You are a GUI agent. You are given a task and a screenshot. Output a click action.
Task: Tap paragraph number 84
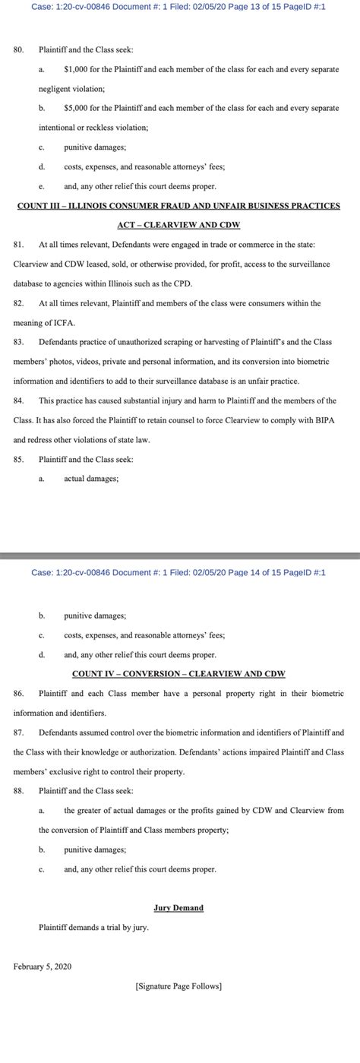pos(19,400)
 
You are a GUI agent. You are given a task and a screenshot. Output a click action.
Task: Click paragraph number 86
pos(19,693)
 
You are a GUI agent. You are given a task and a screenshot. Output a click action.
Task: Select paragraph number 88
pos(19,790)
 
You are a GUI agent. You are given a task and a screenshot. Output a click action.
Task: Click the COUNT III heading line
pos(178,205)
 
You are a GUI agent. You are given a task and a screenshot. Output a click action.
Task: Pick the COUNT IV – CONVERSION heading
pos(178,674)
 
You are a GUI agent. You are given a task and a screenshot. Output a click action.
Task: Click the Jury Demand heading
pos(178,907)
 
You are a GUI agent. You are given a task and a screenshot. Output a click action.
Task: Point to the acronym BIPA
pos(324,420)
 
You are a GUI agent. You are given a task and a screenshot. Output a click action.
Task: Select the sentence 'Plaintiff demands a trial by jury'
pos(93,927)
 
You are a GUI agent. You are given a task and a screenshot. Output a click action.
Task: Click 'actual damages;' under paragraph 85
pos(91,479)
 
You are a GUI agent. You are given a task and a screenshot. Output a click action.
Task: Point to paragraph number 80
pos(19,49)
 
